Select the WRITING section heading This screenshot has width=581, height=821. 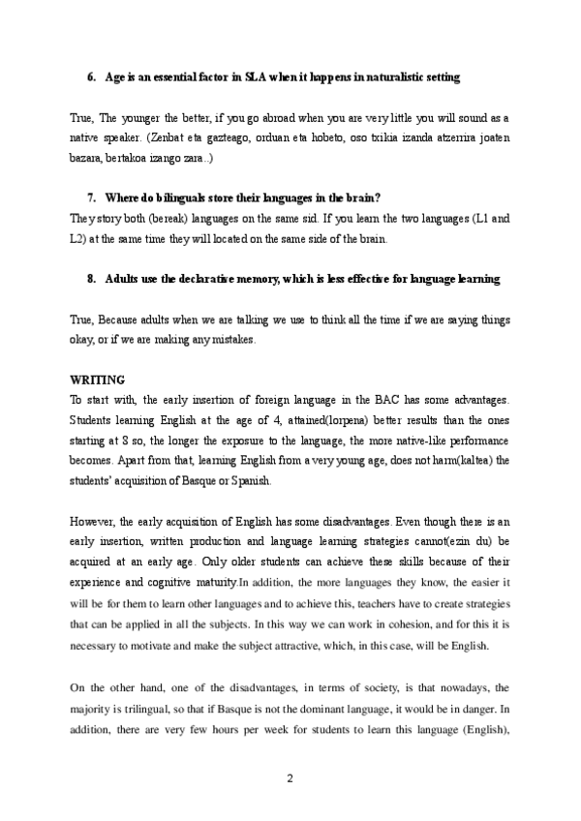[99, 380]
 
